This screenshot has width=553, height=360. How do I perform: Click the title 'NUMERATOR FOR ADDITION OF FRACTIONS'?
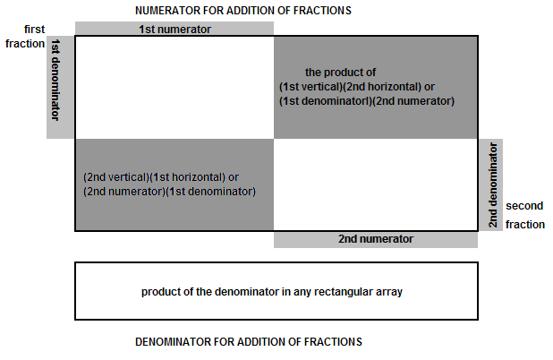tap(243, 11)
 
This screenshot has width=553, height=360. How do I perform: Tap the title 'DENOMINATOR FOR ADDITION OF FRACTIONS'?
tap(249, 342)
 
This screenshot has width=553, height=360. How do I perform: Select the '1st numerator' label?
tap(174, 29)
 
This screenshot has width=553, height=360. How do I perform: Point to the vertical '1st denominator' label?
tap(55, 80)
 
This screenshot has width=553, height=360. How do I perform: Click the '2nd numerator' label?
tap(376, 239)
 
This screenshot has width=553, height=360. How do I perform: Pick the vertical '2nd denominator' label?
tap(493, 185)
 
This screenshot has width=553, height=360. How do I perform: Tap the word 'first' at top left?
tap(35, 29)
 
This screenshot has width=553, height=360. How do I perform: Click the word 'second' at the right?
tap(524, 206)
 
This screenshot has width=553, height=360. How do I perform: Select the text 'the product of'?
tap(340, 73)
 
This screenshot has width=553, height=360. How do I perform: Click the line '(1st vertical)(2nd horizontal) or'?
tap(357, 87)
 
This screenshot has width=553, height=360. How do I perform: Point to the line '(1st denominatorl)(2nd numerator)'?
tap(367, 101)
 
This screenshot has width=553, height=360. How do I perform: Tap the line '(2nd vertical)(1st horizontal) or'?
tap(161, 177)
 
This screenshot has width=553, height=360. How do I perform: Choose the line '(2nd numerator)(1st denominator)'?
tap(170, 192)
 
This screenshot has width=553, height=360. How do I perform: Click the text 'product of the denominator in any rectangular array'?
tap(272, 292)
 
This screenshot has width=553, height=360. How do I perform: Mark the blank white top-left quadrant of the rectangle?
tap(174, 87)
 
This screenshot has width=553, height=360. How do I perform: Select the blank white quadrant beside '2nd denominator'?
tap(376, 184)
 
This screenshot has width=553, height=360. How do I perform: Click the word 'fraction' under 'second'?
tap(525, 225)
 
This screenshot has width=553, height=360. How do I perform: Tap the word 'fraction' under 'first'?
tap(25, 44)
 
